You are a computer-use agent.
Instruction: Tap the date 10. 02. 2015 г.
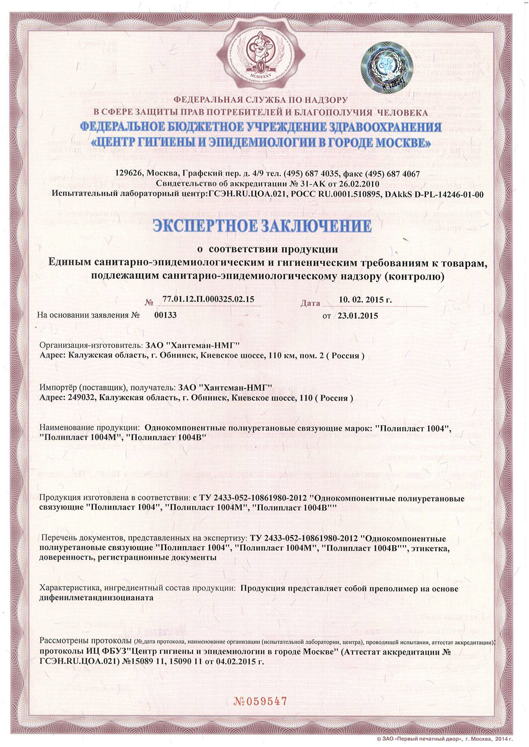(x=365, y=300)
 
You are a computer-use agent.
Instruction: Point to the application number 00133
(x=166, y=315)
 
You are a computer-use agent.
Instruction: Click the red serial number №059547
(x=260, y=701)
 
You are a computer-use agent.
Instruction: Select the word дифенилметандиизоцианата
(x=96, y=597)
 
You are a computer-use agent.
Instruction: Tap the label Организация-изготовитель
(x=90, y=345)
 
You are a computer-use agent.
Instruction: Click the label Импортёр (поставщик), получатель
(x=107, y=387)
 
